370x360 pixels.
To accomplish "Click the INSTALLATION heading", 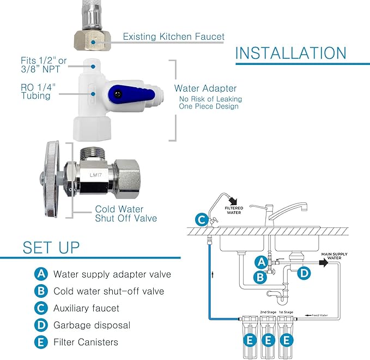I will pos(291,53).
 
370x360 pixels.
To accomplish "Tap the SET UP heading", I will pos(51,247).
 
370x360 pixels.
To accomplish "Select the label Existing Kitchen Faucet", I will pos(173,37).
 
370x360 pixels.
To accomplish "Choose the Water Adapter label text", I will pos(205,88).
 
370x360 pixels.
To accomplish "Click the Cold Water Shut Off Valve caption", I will pos(126,213).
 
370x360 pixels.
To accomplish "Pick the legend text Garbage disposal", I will pos(92,325).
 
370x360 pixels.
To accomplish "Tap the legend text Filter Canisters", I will pos(86,343).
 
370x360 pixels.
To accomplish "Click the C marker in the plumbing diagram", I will pos(202,220).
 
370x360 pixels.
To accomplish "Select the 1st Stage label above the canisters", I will pos(286,311).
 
